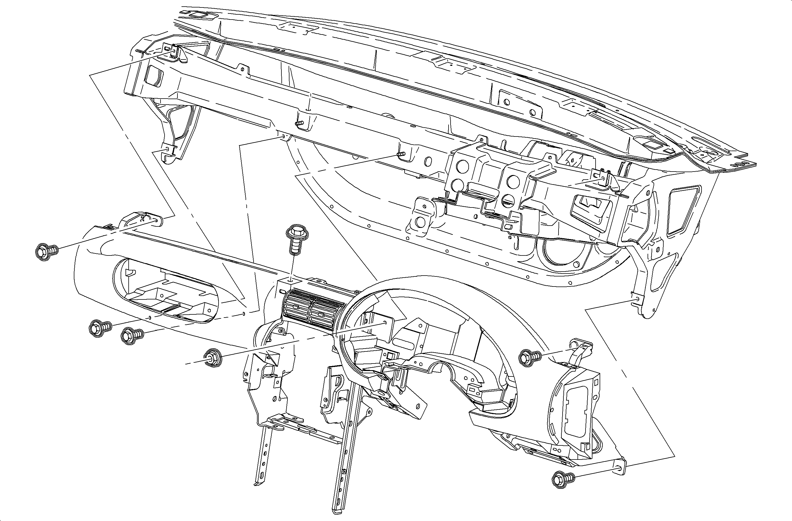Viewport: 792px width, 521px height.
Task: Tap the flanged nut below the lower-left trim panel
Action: pyautogui.click(x=212, y=357)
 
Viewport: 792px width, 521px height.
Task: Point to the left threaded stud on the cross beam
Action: pyautogui.click(x=300, y=123)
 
